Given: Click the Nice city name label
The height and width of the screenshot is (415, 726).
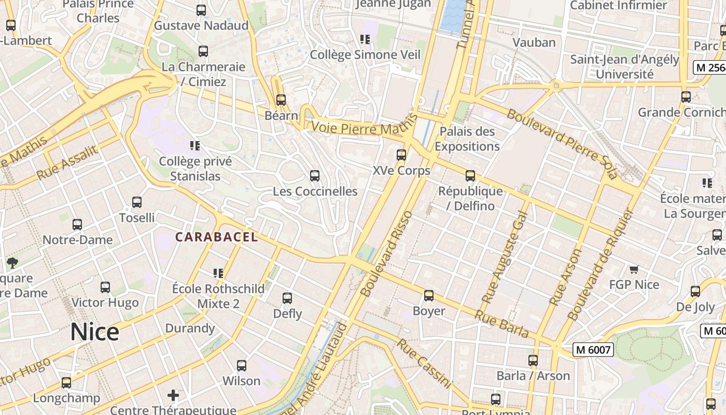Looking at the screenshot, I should (94, 332).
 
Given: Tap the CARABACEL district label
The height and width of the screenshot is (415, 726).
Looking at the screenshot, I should (216, 237).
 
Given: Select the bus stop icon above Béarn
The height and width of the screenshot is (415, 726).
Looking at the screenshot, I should (281, 100).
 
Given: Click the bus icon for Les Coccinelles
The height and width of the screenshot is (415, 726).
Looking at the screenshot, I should (315, 176).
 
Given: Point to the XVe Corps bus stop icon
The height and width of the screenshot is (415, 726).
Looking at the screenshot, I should (401, 155).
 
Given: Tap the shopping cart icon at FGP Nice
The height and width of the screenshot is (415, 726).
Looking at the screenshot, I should (634, 269).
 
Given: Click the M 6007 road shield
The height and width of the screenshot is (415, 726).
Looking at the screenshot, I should (593, 350).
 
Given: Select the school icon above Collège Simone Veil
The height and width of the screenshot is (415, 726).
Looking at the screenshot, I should (365, 39).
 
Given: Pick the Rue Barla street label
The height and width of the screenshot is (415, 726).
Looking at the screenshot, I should (501, 324).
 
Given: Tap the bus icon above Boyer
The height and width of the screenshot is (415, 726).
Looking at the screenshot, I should (428, 295).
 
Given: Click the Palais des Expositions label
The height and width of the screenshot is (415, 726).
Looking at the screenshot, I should (467, 139).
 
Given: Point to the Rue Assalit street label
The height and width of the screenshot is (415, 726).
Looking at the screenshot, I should (67, 162).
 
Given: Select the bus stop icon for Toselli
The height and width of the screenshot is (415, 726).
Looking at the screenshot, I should (137, 202).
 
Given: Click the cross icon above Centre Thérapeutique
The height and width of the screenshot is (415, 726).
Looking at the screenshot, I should (173, 396).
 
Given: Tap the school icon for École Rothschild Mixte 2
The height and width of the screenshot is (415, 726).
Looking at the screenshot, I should (218, 273).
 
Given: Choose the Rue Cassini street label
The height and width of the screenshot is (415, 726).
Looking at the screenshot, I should (424, 363).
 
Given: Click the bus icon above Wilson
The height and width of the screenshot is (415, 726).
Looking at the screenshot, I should (241, 365).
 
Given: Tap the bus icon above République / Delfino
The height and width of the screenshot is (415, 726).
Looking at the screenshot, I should (470, 175).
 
